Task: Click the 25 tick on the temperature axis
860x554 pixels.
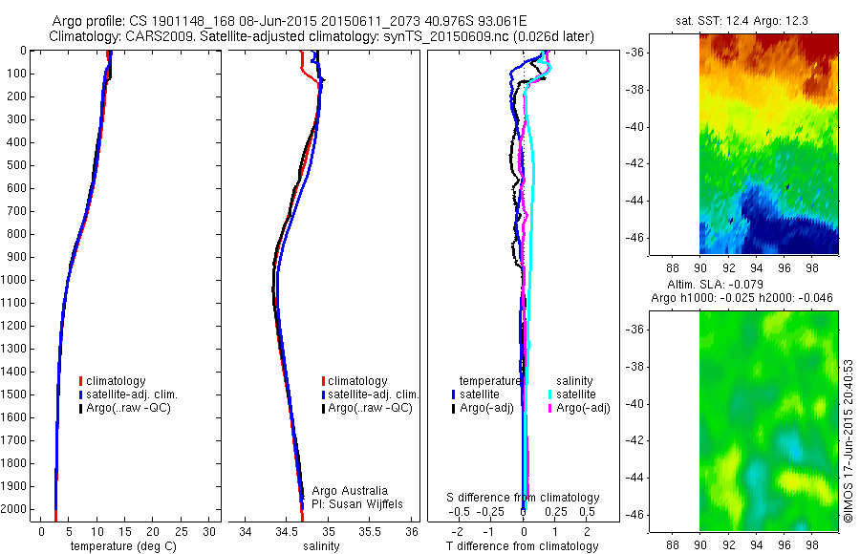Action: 181,531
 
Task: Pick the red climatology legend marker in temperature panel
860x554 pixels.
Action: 82,381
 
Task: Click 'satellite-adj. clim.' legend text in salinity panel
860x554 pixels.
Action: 375,394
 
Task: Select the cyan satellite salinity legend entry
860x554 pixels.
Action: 576,394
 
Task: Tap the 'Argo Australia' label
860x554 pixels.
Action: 350,491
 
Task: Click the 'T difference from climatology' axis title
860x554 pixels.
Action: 524,546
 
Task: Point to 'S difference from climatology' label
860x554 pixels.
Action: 524,498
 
